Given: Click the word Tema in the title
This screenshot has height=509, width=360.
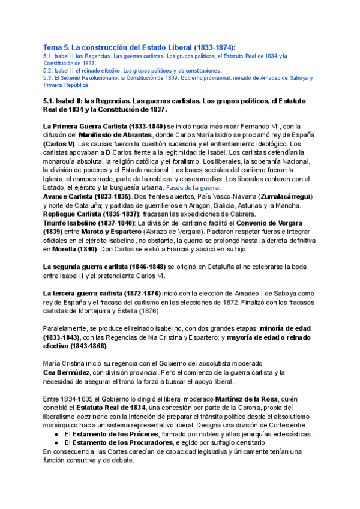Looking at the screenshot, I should [54, 47].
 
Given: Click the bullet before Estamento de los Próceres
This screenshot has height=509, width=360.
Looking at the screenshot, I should [56, 434].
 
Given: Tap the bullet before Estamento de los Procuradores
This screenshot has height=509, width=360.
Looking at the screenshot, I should [56, 442].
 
